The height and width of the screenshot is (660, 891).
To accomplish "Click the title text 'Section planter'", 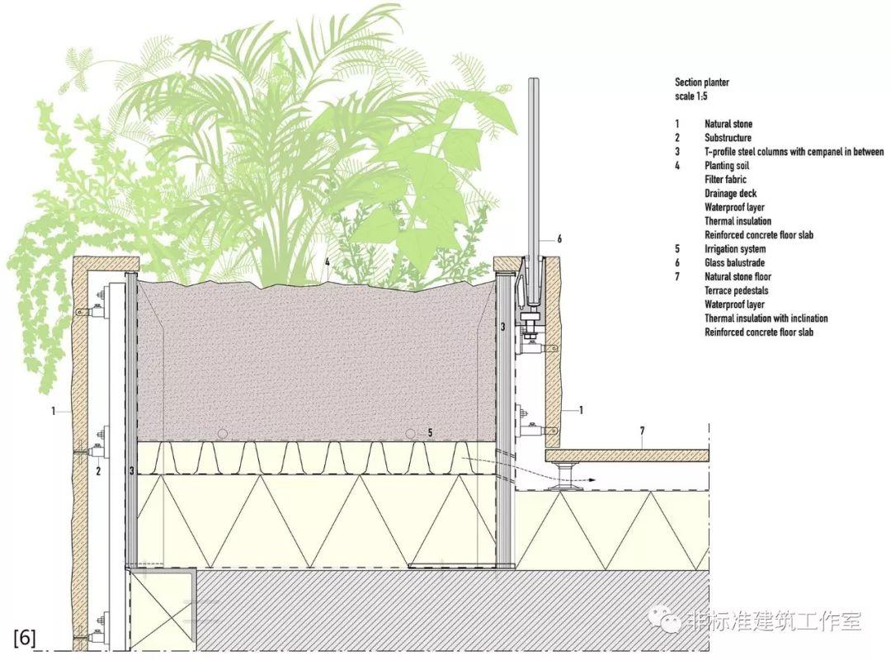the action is [702, 82].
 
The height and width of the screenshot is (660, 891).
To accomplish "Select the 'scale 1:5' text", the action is [691, 96].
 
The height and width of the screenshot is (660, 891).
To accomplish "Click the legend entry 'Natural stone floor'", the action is [738, 277].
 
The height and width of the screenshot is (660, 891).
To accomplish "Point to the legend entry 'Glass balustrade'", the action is [734, 262].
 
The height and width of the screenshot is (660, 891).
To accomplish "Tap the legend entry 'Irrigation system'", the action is [735, 249].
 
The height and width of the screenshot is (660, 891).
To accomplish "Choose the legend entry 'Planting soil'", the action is [727, 166].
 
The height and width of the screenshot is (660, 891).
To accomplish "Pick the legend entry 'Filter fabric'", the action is [725, 179].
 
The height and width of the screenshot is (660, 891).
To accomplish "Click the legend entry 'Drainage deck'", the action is [730, 193].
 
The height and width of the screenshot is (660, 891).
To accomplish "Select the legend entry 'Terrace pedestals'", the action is [736, 290].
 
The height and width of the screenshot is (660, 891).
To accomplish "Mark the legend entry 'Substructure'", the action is [728, 138].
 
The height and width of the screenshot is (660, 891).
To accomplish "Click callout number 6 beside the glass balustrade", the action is [559, 238].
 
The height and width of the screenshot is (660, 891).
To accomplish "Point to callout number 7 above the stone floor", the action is [642, 431].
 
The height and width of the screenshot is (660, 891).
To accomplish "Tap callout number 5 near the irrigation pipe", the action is [430, 433].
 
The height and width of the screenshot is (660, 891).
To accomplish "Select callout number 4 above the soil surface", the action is [328, 262].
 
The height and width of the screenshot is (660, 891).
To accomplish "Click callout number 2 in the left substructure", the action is [98, 471].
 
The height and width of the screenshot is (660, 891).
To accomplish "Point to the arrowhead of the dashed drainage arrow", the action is [592, 480].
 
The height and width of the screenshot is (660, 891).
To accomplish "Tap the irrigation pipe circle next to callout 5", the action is [411, 434].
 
